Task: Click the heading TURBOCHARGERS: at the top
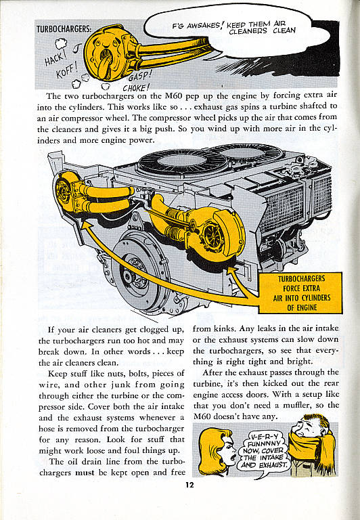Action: pyautogui.click(x=64, y=29)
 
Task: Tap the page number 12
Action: pyautogui.click(x=189, y=485)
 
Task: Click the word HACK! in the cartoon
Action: pyautogui.click(x=54, y=59)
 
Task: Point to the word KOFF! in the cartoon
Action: pyautogui.click(x=66, y=70)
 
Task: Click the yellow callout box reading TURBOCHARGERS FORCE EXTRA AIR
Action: pyautogui.click(x=301, y=292)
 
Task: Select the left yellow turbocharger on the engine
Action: pyautogui.click(x=68, y=192)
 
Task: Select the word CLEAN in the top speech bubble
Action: pyautogui.click(x=284, y=31)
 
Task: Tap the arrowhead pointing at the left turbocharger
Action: pyautogui.click(x=86, y=225)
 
